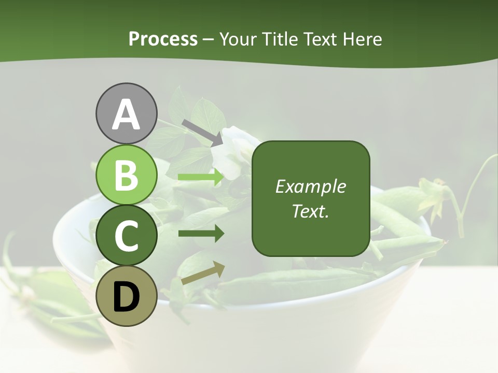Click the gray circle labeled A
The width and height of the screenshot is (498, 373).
[126, 113]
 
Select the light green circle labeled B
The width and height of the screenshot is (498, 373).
[126, 175]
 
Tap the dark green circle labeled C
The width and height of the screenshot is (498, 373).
[126, 236]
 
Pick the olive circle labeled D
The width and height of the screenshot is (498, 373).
[126, 296]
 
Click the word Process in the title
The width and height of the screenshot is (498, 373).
[163, 39]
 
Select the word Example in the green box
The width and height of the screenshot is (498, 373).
[311, 187]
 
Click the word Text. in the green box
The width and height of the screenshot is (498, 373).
[311, 211]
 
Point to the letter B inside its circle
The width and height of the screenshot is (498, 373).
[126, 175]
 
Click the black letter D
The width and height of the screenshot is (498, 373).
[126, 296]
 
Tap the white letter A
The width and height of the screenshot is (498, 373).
[126, 115]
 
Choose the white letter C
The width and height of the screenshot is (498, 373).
[126, 236]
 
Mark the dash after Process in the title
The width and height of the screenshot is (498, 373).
[208, 40]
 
